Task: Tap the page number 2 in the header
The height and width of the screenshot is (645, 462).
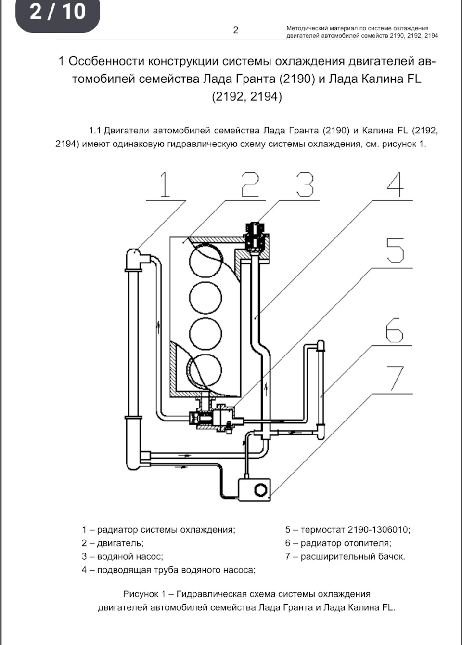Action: (x=236, y=30)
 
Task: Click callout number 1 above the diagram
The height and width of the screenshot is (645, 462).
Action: (x=165, y=184)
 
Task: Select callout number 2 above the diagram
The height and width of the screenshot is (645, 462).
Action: (x=250, y=184)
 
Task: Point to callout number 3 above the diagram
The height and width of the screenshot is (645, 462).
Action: (x=305, y=184)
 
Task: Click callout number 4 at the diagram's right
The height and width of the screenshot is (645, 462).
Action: (x=395, y=184)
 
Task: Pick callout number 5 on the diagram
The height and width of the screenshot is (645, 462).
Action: (x=395, y=251)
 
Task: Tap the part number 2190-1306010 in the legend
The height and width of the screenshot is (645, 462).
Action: (x=379, y=529)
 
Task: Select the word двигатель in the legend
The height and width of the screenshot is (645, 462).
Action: (x=120, y=543)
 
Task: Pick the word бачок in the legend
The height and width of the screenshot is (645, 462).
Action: (x=392, y=556)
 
